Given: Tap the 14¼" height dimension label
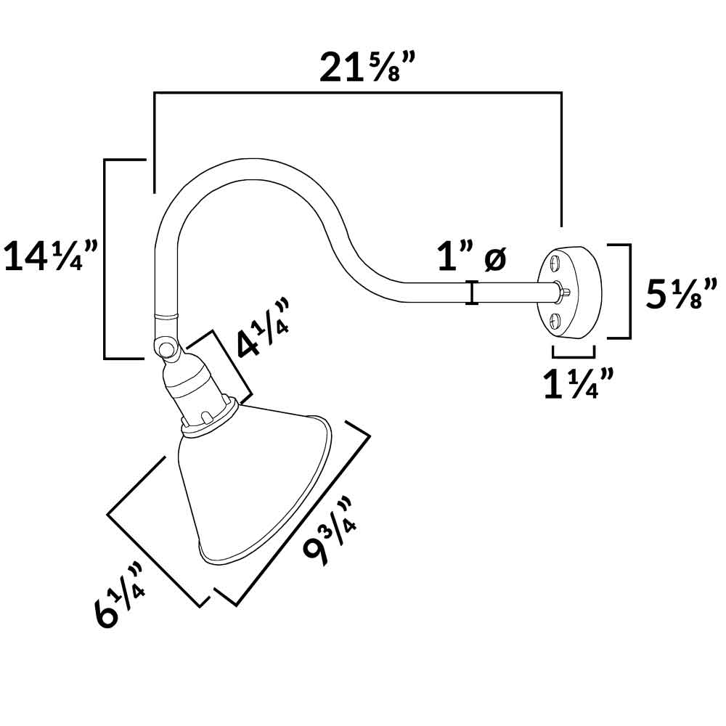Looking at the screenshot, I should [51, 257].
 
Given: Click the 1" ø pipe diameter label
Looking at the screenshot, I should [472, 258].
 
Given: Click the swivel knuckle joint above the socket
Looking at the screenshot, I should [168, 348].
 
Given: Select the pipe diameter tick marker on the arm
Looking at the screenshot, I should [473, 293].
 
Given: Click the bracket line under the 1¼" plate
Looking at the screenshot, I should [574, 356].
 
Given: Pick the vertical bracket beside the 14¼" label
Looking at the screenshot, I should [106, 258].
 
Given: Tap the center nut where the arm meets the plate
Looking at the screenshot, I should [563, 291].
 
